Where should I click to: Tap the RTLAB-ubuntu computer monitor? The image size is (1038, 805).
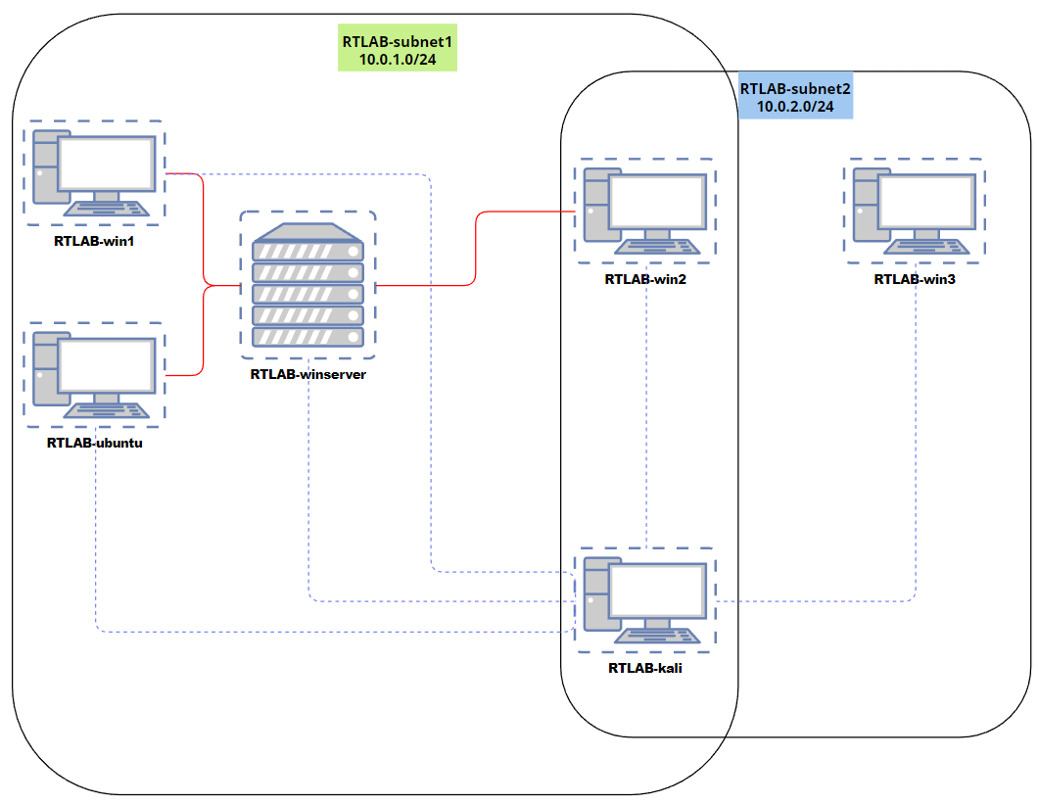107,366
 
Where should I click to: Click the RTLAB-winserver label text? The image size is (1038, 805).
307,374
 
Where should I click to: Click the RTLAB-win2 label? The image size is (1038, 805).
645,279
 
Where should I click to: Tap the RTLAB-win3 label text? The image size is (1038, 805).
915,279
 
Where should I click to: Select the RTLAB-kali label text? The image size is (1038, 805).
644,669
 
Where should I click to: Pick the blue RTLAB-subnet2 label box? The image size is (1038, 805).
794,97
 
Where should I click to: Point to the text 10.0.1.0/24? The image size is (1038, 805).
398,60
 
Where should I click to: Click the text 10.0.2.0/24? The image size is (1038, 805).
794,106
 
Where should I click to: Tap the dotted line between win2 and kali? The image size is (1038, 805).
647,411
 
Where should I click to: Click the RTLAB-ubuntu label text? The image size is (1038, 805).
94,443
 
